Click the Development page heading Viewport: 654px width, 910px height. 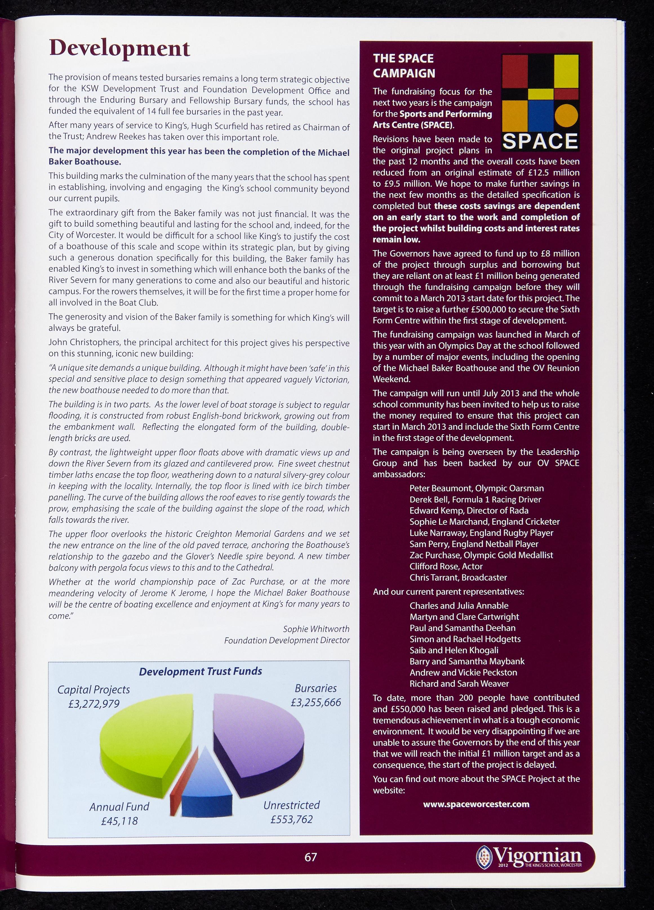(119, 49)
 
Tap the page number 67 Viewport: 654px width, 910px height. (311, 857)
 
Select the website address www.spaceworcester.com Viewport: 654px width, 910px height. (476, 804)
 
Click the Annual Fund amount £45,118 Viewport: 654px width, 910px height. (119, 820)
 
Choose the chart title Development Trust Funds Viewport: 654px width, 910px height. (200, 671)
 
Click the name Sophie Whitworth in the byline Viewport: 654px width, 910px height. (316, 629)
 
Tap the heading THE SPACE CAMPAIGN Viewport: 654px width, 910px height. (404, 66)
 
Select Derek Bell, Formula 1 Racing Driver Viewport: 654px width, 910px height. (475, 500)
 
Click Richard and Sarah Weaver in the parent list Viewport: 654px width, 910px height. (459, 683)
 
